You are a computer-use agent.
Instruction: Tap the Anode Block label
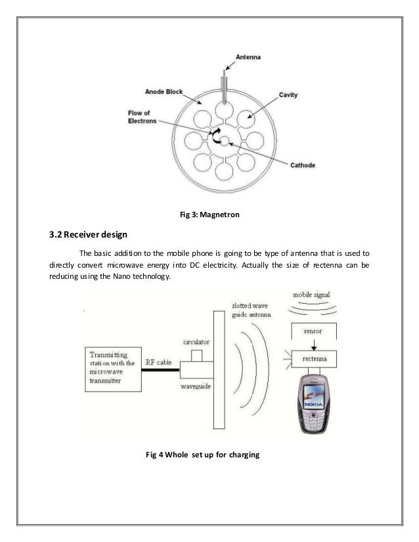(x=164, y=91)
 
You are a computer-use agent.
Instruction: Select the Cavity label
(x=288, y=95)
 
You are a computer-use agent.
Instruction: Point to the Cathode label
(x=303, y=165)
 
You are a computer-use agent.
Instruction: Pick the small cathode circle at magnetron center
(x=224, y=140)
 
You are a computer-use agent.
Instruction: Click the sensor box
(x=313, y=333)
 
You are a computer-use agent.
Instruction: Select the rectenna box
(x=313, y=359)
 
